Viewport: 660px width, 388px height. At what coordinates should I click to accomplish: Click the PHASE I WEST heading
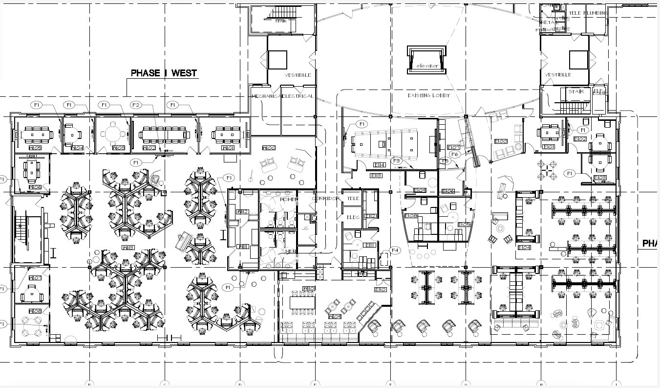pos(164,73)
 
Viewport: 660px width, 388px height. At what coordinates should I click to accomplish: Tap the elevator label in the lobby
pos(426,66)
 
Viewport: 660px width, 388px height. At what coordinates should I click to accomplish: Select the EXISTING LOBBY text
pos(428,95)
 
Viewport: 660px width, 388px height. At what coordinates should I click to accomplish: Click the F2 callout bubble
pos(136,105)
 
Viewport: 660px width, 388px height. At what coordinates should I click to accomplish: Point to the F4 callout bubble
pos(396,250)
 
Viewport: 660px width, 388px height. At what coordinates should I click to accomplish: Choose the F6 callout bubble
pos(455,154)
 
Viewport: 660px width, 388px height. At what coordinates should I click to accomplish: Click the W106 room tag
pos(35,187)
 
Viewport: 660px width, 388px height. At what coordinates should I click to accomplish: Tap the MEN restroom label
pos(291,251)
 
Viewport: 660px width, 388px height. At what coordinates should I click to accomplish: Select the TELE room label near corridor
pos(353,199)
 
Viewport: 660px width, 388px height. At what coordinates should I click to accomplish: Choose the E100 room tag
pos(501,142)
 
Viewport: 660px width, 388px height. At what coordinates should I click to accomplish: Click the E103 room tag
pos(600,177)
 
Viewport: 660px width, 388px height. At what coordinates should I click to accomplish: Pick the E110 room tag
pos(381,289)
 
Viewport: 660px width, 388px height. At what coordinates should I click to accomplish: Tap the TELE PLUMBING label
pos(587,13)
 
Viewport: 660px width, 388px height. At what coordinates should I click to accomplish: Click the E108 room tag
pos(410,215)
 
